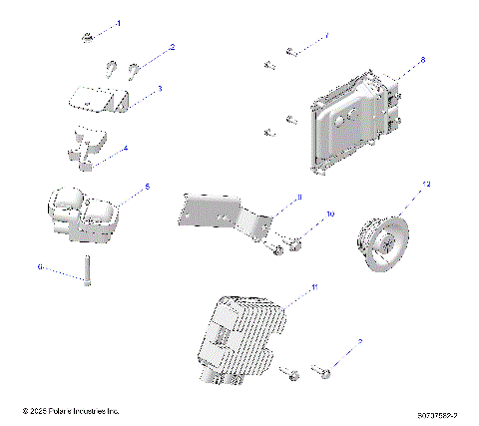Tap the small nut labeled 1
(x=89, y=38)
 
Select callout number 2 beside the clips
(x=172, y=47)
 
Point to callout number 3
(x=159, y=89)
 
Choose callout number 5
(x=148, y=186)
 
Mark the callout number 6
(x=41, y=266)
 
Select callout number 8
(x=422, y=61)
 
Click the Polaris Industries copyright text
(x=71, y=409)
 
